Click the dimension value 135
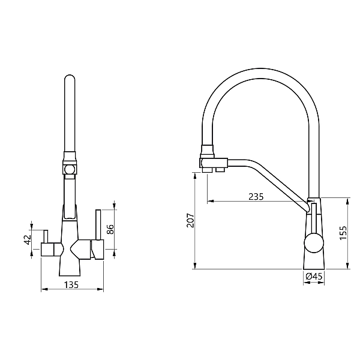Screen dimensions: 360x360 [71, 285]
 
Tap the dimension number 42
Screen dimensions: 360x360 [26, 239]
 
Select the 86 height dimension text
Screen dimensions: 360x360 [110, 229]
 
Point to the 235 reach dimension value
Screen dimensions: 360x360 [256, 196]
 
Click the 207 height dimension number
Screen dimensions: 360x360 [190, 221]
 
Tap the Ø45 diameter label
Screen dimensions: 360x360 [315, 277]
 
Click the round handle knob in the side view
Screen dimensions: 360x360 [313, 244]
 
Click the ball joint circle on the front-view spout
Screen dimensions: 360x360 [70, 170]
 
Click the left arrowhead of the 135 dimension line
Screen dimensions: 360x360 [42, 290]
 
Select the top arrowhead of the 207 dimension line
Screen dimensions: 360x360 [196, 174]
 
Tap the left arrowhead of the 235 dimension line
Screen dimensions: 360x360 [208, 201]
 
